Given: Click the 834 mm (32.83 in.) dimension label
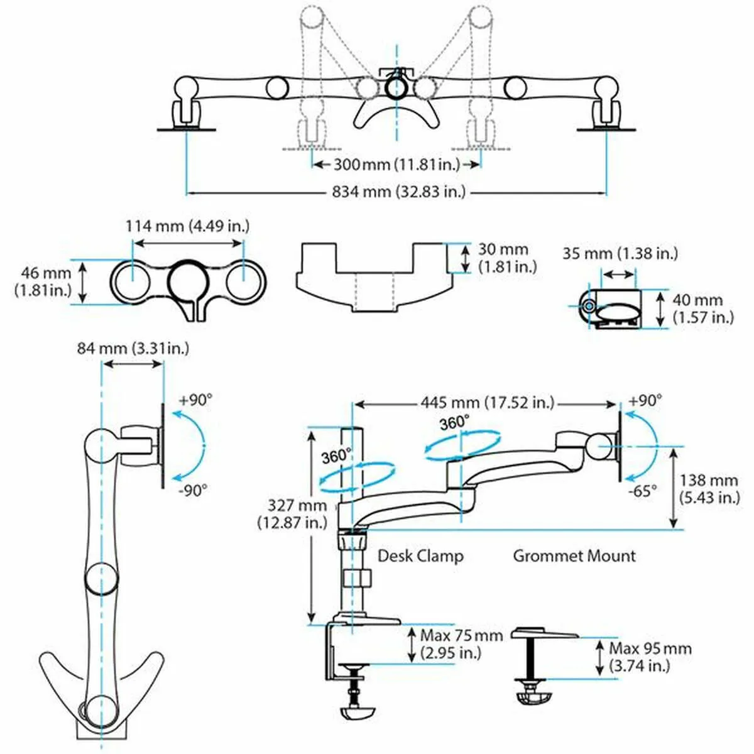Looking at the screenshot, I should click(x=398, y=192).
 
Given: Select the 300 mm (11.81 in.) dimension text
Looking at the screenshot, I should click(x=396, y=165).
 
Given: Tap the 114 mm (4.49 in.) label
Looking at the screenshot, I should click(x=188, y=226).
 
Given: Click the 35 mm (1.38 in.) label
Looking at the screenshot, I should click(x=620, y=254).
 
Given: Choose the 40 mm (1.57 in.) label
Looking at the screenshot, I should click(x=702, y=309).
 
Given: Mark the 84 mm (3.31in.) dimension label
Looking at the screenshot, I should click(x=133, y=347).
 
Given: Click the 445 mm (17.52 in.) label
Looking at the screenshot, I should click(x=488, y=402).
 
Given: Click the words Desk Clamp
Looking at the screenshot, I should click(x=420, y=556).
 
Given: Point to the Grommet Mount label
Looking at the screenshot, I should click(x=574, y=556).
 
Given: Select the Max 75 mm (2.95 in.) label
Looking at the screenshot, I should click(x=461, y=644).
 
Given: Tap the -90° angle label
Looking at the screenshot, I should click(x=192, y=491).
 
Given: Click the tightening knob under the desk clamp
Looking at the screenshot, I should click(x=358, y=713).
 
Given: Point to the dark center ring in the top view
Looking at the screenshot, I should click(x=396, y=87).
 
